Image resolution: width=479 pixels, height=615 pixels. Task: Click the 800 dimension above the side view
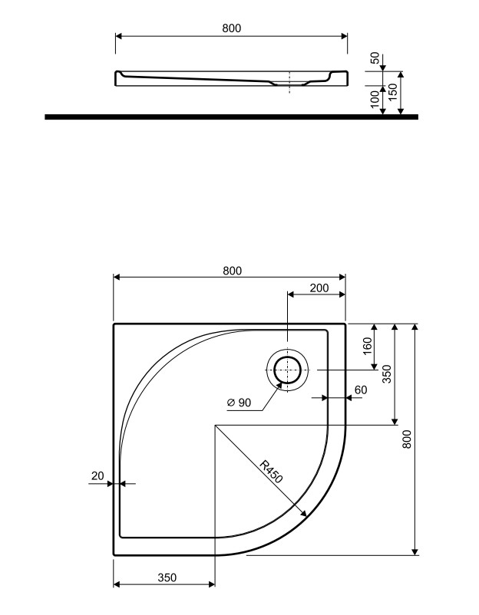pyautogui.click(x=232, y=28)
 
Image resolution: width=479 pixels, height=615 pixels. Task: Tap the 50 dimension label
pyautogui.click(x=375, y=58)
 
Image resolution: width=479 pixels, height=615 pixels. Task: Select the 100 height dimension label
pyautogui.click(x=375, y=98)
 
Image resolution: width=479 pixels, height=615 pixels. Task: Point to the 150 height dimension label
pyautogui.click(x=393, y=92)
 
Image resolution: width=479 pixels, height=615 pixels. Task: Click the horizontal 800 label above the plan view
pyautogui.click(x=233, y=271)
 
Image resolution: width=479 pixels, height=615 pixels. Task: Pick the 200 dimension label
pyautogui.click(x=319, y=288)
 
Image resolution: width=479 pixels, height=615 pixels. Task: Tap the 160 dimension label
pyautogui.click(x=368, y=346)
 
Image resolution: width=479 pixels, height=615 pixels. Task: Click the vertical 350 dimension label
pyautogui.click(x=387, y=373)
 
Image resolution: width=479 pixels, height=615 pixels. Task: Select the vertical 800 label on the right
pyautogui.click(x=407, y=439)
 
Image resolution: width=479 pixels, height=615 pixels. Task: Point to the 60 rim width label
pyautogui.click(x=361, y=390)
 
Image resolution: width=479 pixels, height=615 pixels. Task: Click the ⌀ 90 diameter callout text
pyautogui.click(x=239, y=403)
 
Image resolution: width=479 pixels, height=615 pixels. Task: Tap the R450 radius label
pyautogui.click(x=271, y=471)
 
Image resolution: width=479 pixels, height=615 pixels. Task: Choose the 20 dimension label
pyautogui.click(x=97, y=475)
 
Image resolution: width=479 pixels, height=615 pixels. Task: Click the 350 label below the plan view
pyautogui.click(x=167, y=577)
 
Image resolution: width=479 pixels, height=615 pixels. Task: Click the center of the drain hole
pyautogui.click(x=288, y=370)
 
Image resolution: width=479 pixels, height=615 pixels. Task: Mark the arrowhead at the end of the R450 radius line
pyautogui.click(x=303, y=514)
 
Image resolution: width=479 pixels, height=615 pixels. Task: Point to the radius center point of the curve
pyautogui.click(x=215, y=425)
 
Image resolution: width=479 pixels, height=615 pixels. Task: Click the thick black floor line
pyautogui.click(x=231, y=117)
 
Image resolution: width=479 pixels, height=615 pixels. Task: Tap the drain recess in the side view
pyautogui.click(x=289, y=83)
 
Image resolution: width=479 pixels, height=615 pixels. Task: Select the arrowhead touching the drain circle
pyautogui.click(x=279, y=385)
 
